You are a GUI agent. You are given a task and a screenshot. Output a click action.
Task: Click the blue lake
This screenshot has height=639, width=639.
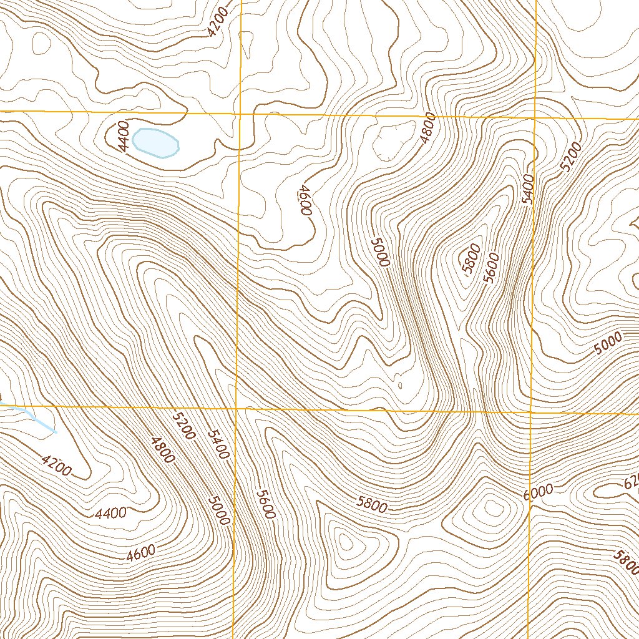[x=156, y=143]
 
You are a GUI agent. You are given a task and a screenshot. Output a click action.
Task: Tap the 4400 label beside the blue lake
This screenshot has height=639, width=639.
[x=123, y=137]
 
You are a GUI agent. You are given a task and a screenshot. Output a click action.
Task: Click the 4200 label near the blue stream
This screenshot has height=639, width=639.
[x=56, y=465]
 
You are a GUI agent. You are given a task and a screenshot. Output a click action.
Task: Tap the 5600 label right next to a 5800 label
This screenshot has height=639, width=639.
[x=491, y=267]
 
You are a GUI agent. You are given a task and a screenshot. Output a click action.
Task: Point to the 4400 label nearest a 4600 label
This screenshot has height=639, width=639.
[x=111, y=514]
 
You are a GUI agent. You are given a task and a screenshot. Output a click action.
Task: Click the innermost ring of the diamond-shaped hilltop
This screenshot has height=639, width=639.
[x=493, y=510]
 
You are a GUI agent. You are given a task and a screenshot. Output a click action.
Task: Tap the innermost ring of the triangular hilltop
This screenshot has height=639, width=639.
[x=345, y=543]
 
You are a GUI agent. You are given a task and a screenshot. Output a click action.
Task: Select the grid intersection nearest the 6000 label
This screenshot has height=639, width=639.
[x=531, y=412]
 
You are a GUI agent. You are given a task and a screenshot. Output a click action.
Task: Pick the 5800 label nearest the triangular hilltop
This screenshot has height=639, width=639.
[x=373, y=504]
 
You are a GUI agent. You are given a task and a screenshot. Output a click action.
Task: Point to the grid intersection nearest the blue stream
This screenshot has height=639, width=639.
[x=237, y=409]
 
